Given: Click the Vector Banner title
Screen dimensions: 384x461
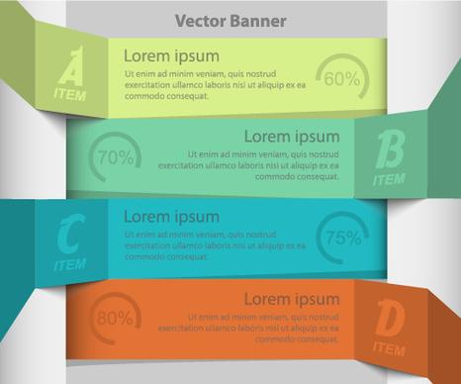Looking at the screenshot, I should tap(230, 21).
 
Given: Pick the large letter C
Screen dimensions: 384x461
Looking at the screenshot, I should tap(69, 236).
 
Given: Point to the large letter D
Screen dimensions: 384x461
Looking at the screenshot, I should tap(390, 320).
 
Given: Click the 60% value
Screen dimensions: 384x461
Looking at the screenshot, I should tap(341, 78).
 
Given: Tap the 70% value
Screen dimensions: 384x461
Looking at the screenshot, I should tap(115, 156).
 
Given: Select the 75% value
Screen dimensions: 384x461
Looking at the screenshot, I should tap(342, 238).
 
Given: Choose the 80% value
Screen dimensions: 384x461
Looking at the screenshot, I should tap(115, 318).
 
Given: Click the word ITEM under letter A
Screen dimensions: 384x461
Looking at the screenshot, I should tap(70, 96).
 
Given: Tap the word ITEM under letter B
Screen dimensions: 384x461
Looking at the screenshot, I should tap(389, 180).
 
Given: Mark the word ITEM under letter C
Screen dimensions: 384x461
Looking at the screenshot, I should tap(69, 265).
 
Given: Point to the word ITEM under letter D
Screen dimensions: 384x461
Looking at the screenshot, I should tap(389, 348).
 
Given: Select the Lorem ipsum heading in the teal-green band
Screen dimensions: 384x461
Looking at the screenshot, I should tap(291, 137).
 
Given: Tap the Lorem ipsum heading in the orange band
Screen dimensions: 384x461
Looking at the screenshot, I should tap(291, 298).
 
